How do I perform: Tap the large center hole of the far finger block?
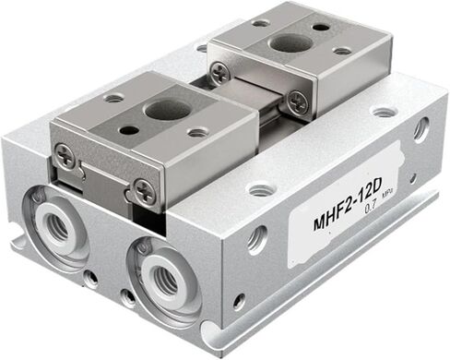click(290, 42)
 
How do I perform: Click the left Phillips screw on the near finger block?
click(65, 158)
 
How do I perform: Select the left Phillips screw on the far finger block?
click(219, 73)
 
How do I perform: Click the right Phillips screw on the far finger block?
click(296, 102)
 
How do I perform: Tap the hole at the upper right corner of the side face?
click(420, 128)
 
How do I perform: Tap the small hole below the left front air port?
click(89, 276)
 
